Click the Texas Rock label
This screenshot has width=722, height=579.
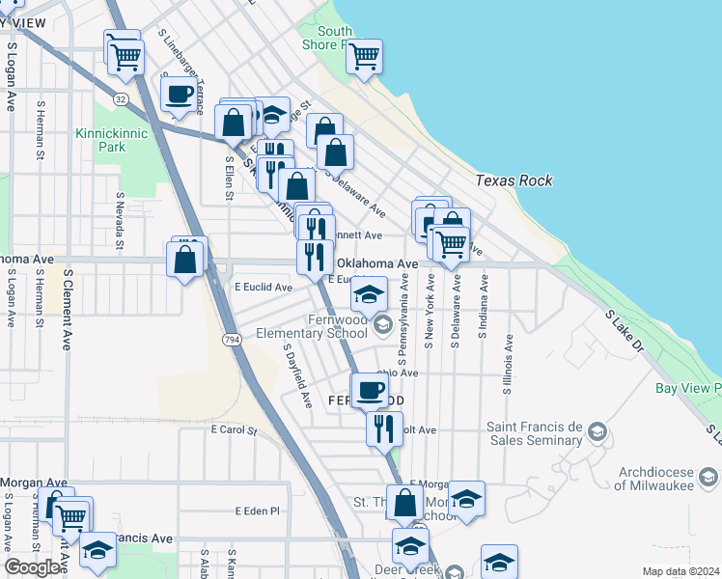(514, 180)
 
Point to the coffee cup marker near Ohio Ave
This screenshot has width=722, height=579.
(369, 391)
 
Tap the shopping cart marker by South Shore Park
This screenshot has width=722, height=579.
(364, 57)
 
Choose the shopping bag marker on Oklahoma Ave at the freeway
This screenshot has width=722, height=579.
(184, 259)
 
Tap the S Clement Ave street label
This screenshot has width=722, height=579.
(69, 308)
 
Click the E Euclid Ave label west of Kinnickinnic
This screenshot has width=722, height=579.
(264, 287)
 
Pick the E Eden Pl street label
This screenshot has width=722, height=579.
(256, 510)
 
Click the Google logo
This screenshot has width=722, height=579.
(33, 567)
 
